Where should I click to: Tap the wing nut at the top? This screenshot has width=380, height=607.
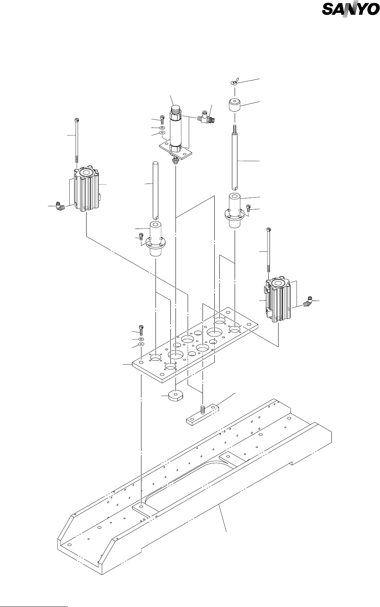coord(234,83)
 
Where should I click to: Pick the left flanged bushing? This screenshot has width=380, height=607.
coord(156,240)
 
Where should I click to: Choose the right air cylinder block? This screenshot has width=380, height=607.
coord(278,301)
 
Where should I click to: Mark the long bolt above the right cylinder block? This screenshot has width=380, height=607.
coord(268,250)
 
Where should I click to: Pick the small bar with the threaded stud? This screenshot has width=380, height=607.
coord(203,414)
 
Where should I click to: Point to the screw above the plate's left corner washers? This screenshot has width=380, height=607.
coord(141,329)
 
